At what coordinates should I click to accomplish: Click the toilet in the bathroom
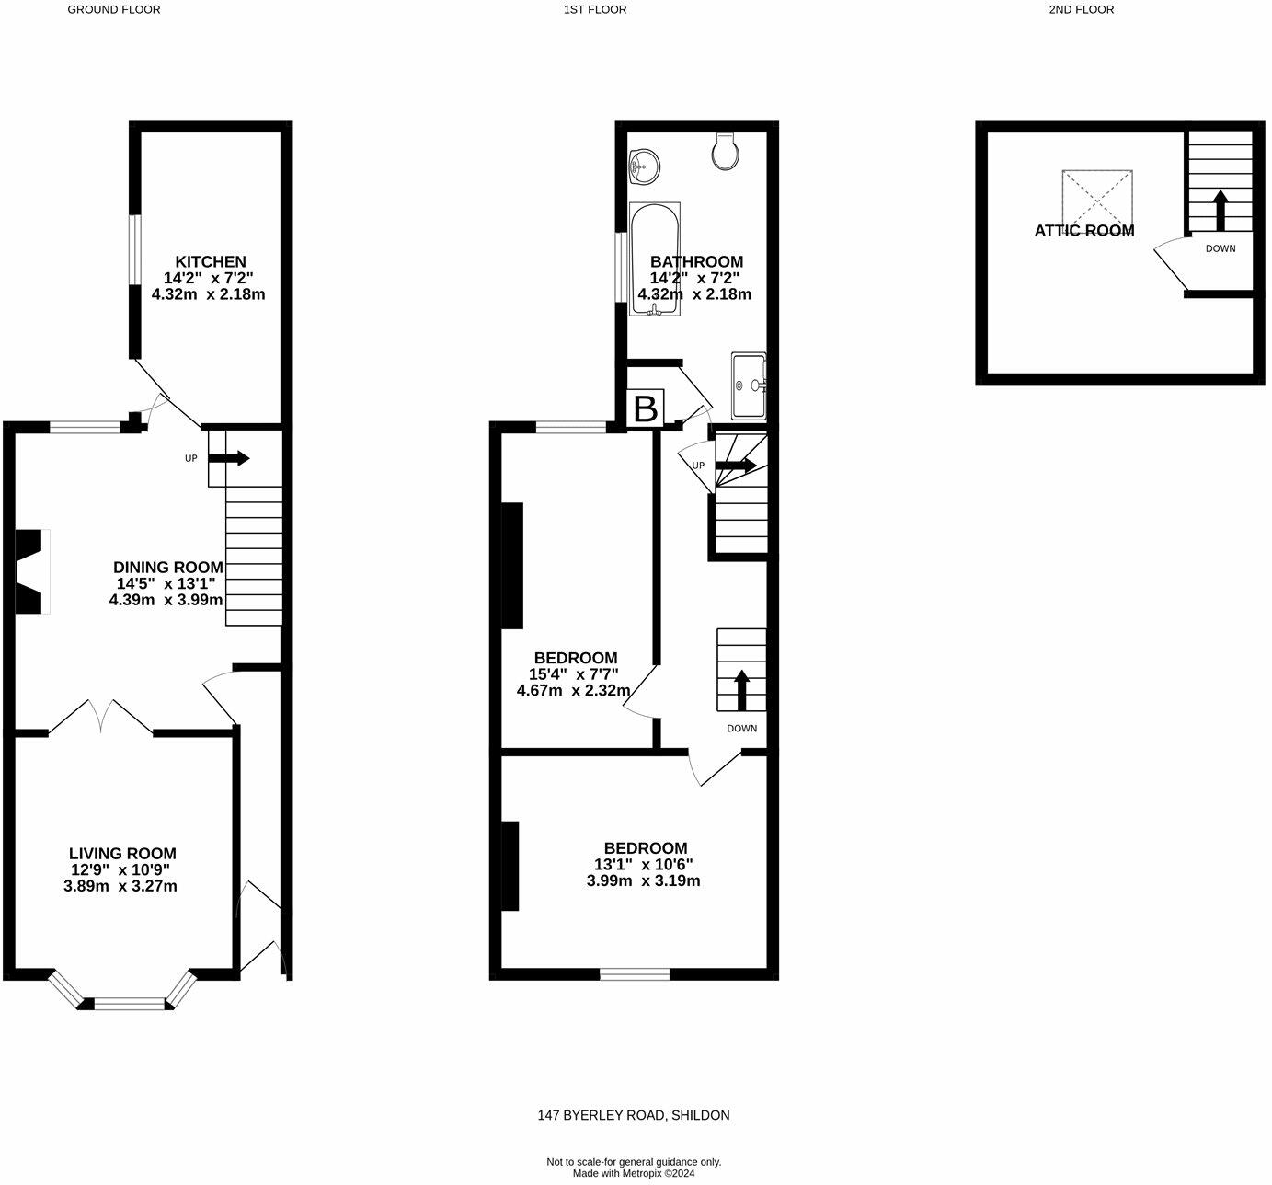pos(726,151)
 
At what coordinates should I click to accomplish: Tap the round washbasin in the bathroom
pos(644,167)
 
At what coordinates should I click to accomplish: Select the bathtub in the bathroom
pos(655,259)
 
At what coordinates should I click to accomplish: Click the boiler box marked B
pos(645,408)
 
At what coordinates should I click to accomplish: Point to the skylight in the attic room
pos(1096,198)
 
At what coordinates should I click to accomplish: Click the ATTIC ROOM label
pos(1083,231)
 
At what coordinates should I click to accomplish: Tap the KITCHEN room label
pos(211,261)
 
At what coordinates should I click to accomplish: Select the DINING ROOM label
pos(167,567)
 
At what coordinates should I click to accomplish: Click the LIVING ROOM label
pos(122,854)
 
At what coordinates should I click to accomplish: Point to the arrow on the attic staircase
pos(1220,210)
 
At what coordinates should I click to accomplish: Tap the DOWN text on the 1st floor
pos(741,728)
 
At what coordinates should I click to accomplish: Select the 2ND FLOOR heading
pos(1081,9)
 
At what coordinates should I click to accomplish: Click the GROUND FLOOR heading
pos(114,9)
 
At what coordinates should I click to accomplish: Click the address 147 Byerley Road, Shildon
pos(634,1115)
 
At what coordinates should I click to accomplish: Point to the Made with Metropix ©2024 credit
pos(634,1173)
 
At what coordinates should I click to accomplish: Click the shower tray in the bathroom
pos(749,385)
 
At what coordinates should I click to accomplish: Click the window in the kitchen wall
pos(134,249)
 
